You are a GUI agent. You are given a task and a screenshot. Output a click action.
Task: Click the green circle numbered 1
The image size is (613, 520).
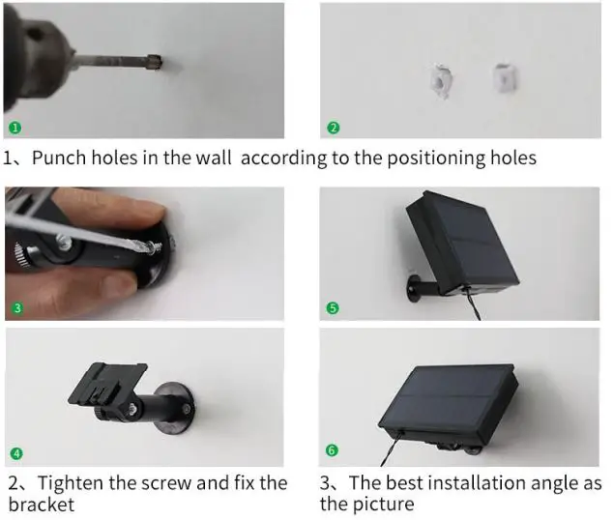pyautogui.click(x=15, y=128)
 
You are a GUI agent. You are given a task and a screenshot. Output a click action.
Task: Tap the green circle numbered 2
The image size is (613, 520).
pyautogui.click(x=333, y=128)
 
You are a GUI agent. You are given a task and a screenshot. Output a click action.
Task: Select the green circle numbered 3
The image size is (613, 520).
pyautogui.click(x=16, y=308)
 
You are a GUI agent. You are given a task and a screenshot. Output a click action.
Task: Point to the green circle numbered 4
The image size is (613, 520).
pyautogui.click(x=16, y=453)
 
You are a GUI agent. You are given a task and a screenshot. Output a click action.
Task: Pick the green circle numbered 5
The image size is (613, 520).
pyautogui.click(x=333, y=308)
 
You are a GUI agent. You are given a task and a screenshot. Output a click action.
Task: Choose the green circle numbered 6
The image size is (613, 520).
pyautogui.click(x=332, y=450)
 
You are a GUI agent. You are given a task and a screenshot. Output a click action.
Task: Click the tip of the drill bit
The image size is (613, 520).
pyautogui.click(x=160, y=63)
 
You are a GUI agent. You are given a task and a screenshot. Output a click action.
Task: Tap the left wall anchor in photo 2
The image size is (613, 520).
pyautogui.click(x=441, y=81)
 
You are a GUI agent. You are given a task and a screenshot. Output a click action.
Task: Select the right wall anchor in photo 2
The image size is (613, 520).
pyautogui.click(x=505, y=78)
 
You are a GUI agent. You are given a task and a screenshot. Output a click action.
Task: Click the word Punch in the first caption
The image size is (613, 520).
pyautogui.click(x=59, y=158)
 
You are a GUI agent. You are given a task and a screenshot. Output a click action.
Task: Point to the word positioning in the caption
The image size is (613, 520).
pyautogui.click(x=436, y=159)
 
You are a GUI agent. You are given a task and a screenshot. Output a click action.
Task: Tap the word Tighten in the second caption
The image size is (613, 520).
pyautogui.click(x=72, y=483)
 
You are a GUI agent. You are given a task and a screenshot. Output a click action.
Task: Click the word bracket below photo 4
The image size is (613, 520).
pyautogui.click(x=41, y=504)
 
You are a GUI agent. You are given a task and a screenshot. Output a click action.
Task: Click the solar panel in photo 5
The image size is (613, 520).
pyautogui.click(x=463, y=243)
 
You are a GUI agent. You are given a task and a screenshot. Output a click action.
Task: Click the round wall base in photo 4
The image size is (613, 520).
pyautogui.click(x=176, y=409)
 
